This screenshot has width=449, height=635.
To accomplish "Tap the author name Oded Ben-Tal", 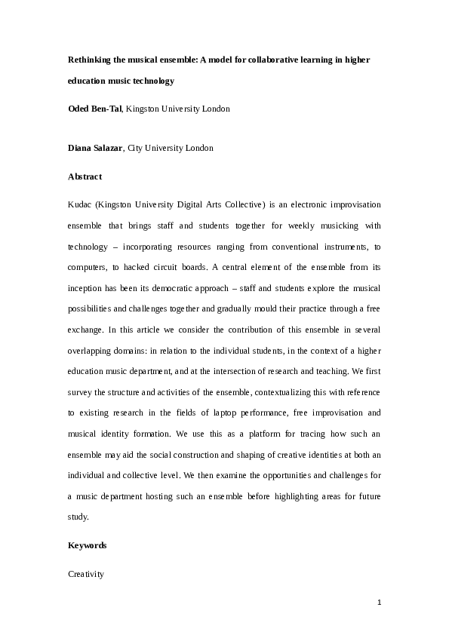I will pyautogui.click(x=94, y=109).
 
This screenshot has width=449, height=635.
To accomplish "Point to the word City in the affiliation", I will pyautogui.click(x=137, y=149).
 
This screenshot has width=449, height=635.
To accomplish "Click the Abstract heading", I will pyautogui.click(x=85, y=177).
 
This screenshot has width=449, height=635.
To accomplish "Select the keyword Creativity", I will pyautogui.click(x=86, y=574).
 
